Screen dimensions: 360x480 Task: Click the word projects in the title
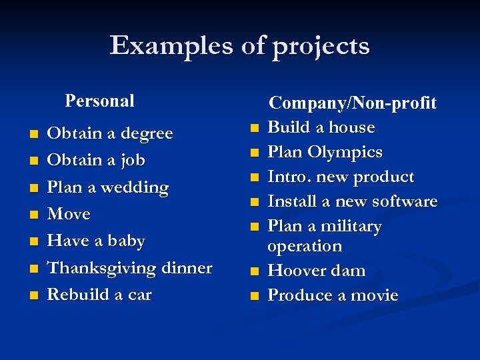314,47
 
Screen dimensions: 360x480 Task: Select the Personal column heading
99,101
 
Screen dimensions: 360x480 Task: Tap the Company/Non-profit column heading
352,103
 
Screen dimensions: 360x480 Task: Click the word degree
143,134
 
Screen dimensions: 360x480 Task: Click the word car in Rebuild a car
140,295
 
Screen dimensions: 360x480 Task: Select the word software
405,201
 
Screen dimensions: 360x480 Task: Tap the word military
351,227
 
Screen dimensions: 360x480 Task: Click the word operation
304,246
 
